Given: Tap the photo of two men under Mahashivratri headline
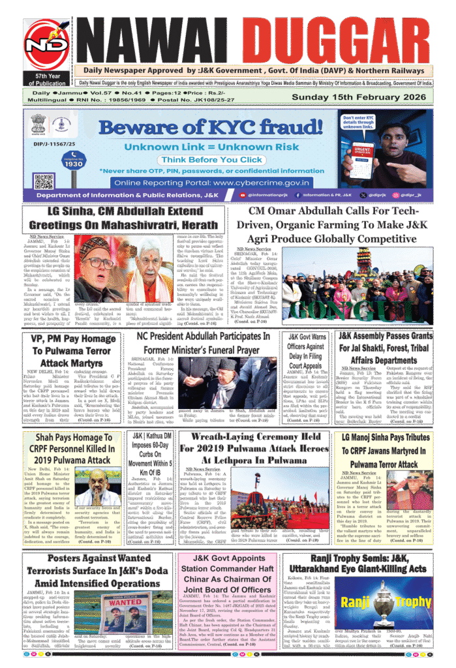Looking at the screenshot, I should click(123, 268).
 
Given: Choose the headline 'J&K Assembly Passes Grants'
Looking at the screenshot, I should click(385, 348).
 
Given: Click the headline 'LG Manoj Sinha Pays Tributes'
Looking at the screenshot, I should click(384, 451).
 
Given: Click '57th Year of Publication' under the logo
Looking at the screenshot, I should click(46, 80).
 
